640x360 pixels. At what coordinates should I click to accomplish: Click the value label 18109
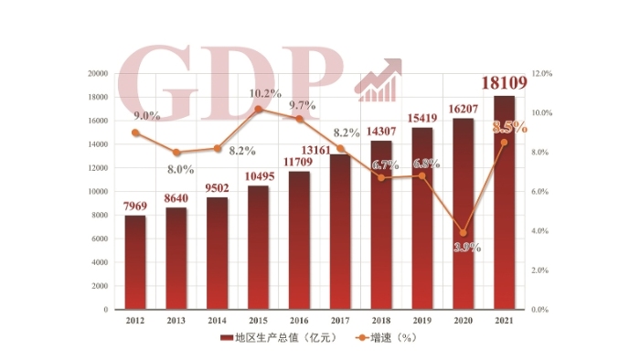(x=504, y=81)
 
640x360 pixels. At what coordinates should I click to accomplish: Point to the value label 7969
(x=135, y=204)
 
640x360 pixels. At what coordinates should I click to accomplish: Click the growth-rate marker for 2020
(x=464, y=233)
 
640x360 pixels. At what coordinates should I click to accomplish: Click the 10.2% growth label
(x=266, y=93)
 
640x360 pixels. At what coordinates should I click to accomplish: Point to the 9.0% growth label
(x=146, y=116)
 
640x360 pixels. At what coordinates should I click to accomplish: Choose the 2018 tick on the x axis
(x=381, y=321)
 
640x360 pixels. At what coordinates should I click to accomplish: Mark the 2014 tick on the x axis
(x=218, y=321)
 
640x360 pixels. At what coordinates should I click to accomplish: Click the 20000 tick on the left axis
(x=97, y=73)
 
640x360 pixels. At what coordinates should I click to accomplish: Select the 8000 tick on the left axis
(x=100, y=216)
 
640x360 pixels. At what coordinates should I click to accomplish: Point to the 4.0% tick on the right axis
(x=540, y=231)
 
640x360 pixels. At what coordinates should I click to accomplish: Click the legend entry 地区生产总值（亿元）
(x=281, y=338)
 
